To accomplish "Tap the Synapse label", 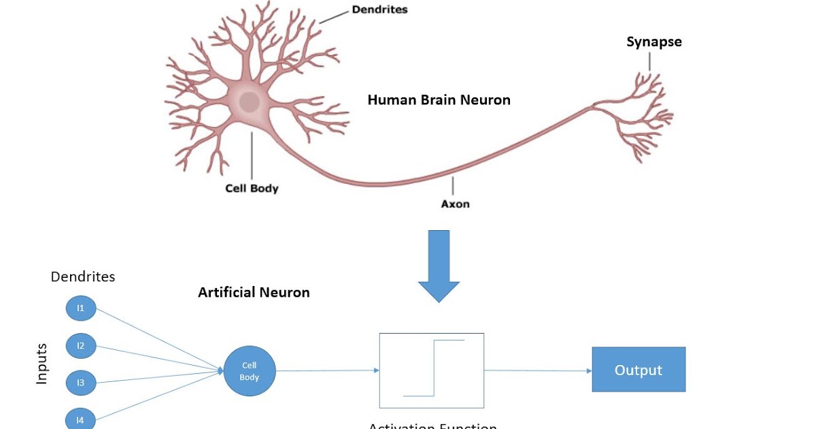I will [653, 42].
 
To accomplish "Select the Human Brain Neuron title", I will [439, 100].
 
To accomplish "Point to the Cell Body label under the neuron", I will [252, 188].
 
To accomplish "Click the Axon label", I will [455, 204].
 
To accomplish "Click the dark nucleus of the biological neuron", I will [250, 103].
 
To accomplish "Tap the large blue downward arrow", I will [439, 266].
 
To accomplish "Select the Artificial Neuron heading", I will [254, 292].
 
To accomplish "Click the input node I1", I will [81, 308].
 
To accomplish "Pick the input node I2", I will [81, 346].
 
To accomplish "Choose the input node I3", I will [81, 383].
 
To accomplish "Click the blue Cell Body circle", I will [250, 372].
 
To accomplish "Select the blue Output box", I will [638, 370].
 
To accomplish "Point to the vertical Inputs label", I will [42, 364].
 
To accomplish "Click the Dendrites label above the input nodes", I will [83, 276].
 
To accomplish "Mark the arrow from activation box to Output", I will [537, 370].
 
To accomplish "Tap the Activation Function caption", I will [432, 426].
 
